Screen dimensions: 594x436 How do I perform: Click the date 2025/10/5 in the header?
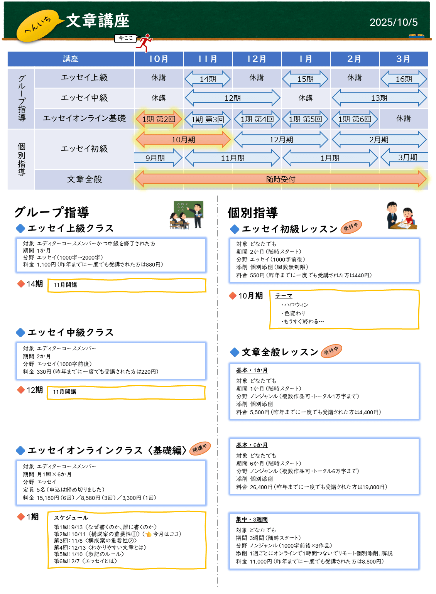pyautogui.click(x=393, y=22)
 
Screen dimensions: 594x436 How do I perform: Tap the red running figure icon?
pyautogui.click(x=145, y=42)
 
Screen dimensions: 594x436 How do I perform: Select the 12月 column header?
pyautogui.click(x=257, y=59)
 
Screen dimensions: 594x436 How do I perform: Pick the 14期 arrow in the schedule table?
pyautogui.click(x=208, y=79)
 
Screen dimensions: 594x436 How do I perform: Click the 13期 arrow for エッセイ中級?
pyautogui.click(x=379, y=98)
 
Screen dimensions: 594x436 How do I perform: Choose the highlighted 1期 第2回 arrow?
pyautogui.click(x=159, y=119)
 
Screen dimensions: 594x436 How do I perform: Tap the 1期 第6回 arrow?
pyautogui.click(x=355, y=119)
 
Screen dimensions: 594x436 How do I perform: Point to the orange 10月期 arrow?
pyautogui.click(x=183, y=140)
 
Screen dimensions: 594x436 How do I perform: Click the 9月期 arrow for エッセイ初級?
pyautogui.click(x=156, y=158)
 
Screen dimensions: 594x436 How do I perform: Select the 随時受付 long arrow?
pyautogui.click(x=281, y=179)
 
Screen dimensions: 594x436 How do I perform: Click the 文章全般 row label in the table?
pyautogui.click(x=84, y=179)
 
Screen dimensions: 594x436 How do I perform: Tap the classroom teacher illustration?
pyautogui.click(x=186, y=215)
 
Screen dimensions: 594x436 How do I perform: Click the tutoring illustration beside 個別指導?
pyautogui.click(x=401, y=216)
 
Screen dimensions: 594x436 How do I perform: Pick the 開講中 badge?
pyautogui.click(x=200, y=448)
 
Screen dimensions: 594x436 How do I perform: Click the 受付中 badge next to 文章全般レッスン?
pyautogui.click(x=331, y=351)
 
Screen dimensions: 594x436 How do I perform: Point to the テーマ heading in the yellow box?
pyautogui.click(x=284, y=296)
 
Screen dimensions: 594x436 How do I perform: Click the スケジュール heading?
pyautogui.click(x=71, y=518)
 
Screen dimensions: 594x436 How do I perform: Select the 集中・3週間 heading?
pyautogui.click(x=252, y=520)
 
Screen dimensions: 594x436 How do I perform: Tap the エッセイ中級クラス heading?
pyautogui.click(x=71, y=332)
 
